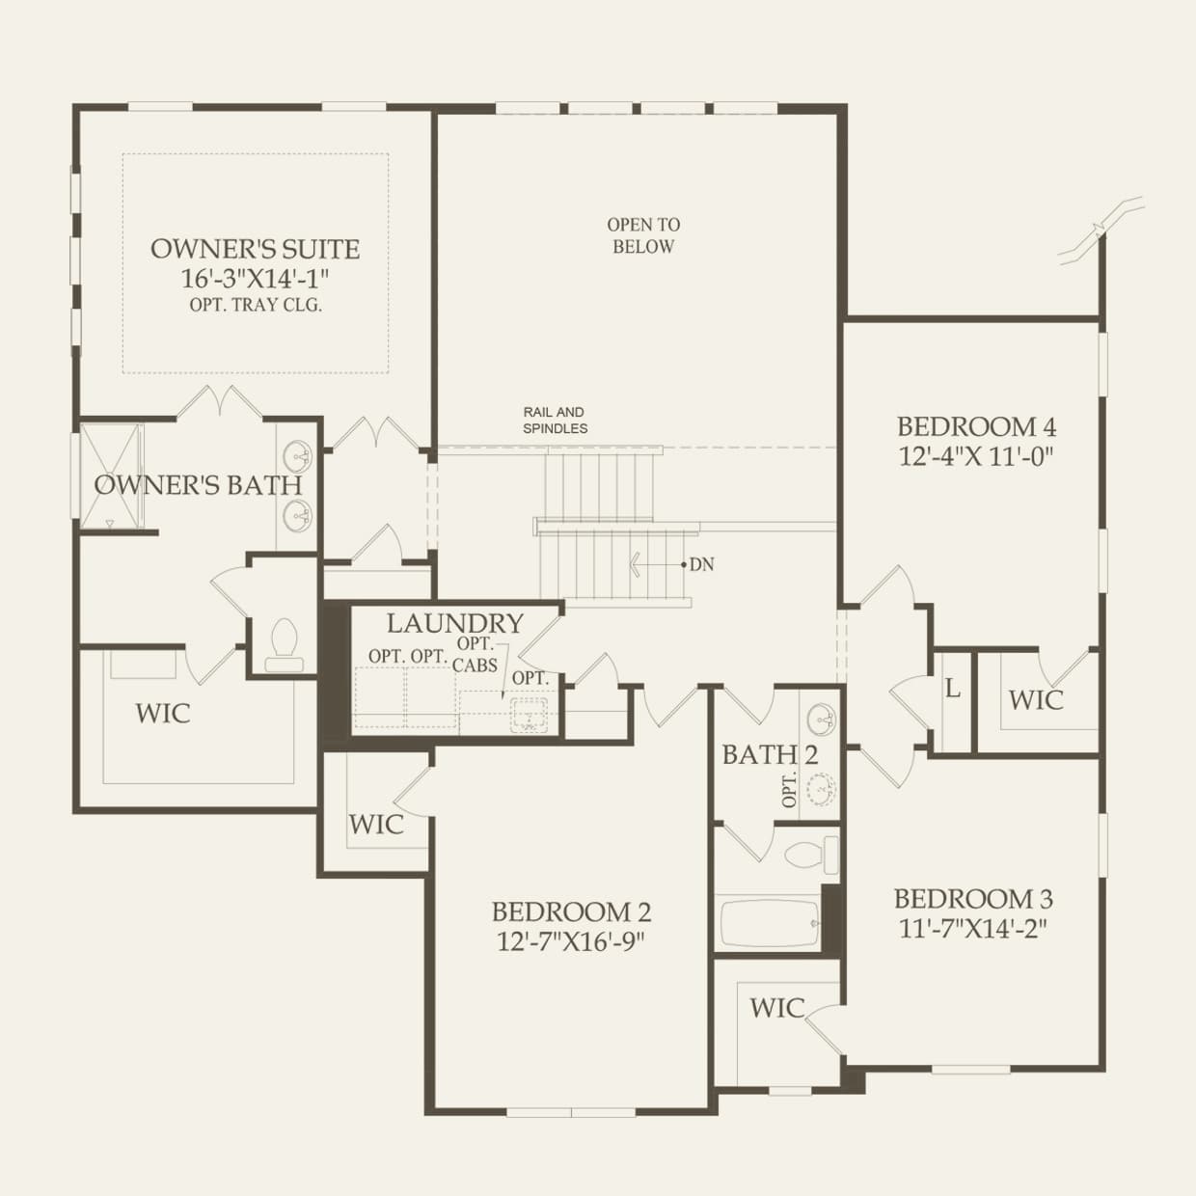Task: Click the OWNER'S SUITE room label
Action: pos(255,249)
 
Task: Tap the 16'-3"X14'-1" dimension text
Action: pos(255,279)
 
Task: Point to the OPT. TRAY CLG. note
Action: pos(255,305)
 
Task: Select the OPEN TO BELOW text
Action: pos(643,235)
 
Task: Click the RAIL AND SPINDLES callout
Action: pos(555,420)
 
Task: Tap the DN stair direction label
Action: pos(701,564)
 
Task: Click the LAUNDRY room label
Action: pos(454,623)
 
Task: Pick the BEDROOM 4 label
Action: pos(976,426)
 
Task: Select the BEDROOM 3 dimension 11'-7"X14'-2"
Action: pos(972,928)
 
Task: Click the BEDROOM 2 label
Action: pos(571,911)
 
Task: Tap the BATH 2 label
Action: pos(770,755)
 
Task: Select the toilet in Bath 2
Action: pos(809,856)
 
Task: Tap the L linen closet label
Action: pos(953,689)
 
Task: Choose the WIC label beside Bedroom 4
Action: pos(1036,700)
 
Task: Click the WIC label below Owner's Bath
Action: pos(163,714)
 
